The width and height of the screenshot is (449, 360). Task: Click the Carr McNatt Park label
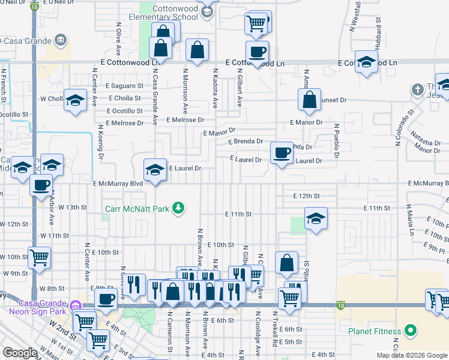[x=136, y=208]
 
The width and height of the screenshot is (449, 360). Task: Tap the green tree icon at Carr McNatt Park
[x=178, y=208]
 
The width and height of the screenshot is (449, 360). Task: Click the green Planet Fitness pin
[x=411, y=330]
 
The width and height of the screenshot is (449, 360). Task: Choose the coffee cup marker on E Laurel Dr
[x=282, y=152]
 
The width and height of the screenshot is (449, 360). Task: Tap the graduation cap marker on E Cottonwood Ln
[x=366, y=62]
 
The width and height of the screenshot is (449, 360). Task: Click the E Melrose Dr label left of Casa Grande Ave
[x=125, y=123]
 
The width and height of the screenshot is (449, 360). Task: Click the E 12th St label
[x=306, y=196]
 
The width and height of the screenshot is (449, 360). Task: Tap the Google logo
[x=20, y=353]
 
